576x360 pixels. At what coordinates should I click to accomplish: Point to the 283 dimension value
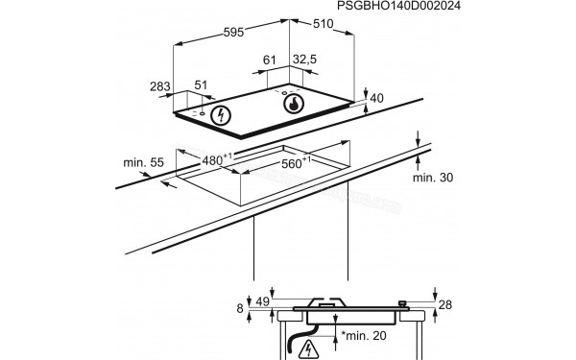coord(159,87)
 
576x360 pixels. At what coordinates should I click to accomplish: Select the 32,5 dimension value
coord(304,60)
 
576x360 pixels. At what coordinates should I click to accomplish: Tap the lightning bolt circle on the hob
coord(222,116)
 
